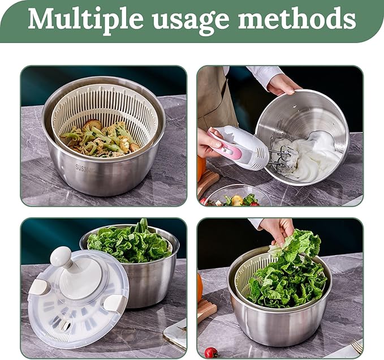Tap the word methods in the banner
click(297, 18)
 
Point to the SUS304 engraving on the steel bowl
click(83, 168)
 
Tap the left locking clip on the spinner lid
click(40, 287)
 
